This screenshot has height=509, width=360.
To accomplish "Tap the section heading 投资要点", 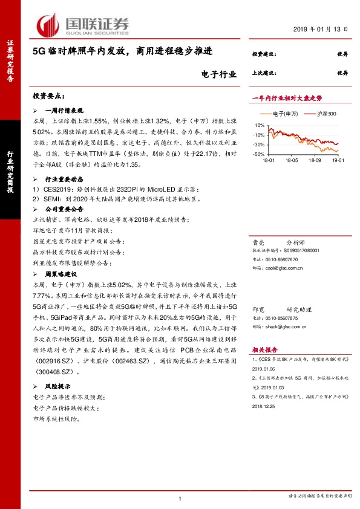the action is (x=48, y=96).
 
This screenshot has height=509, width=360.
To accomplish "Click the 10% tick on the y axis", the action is (x=260, y=125).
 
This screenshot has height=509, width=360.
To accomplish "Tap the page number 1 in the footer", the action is (x=180, y=497).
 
